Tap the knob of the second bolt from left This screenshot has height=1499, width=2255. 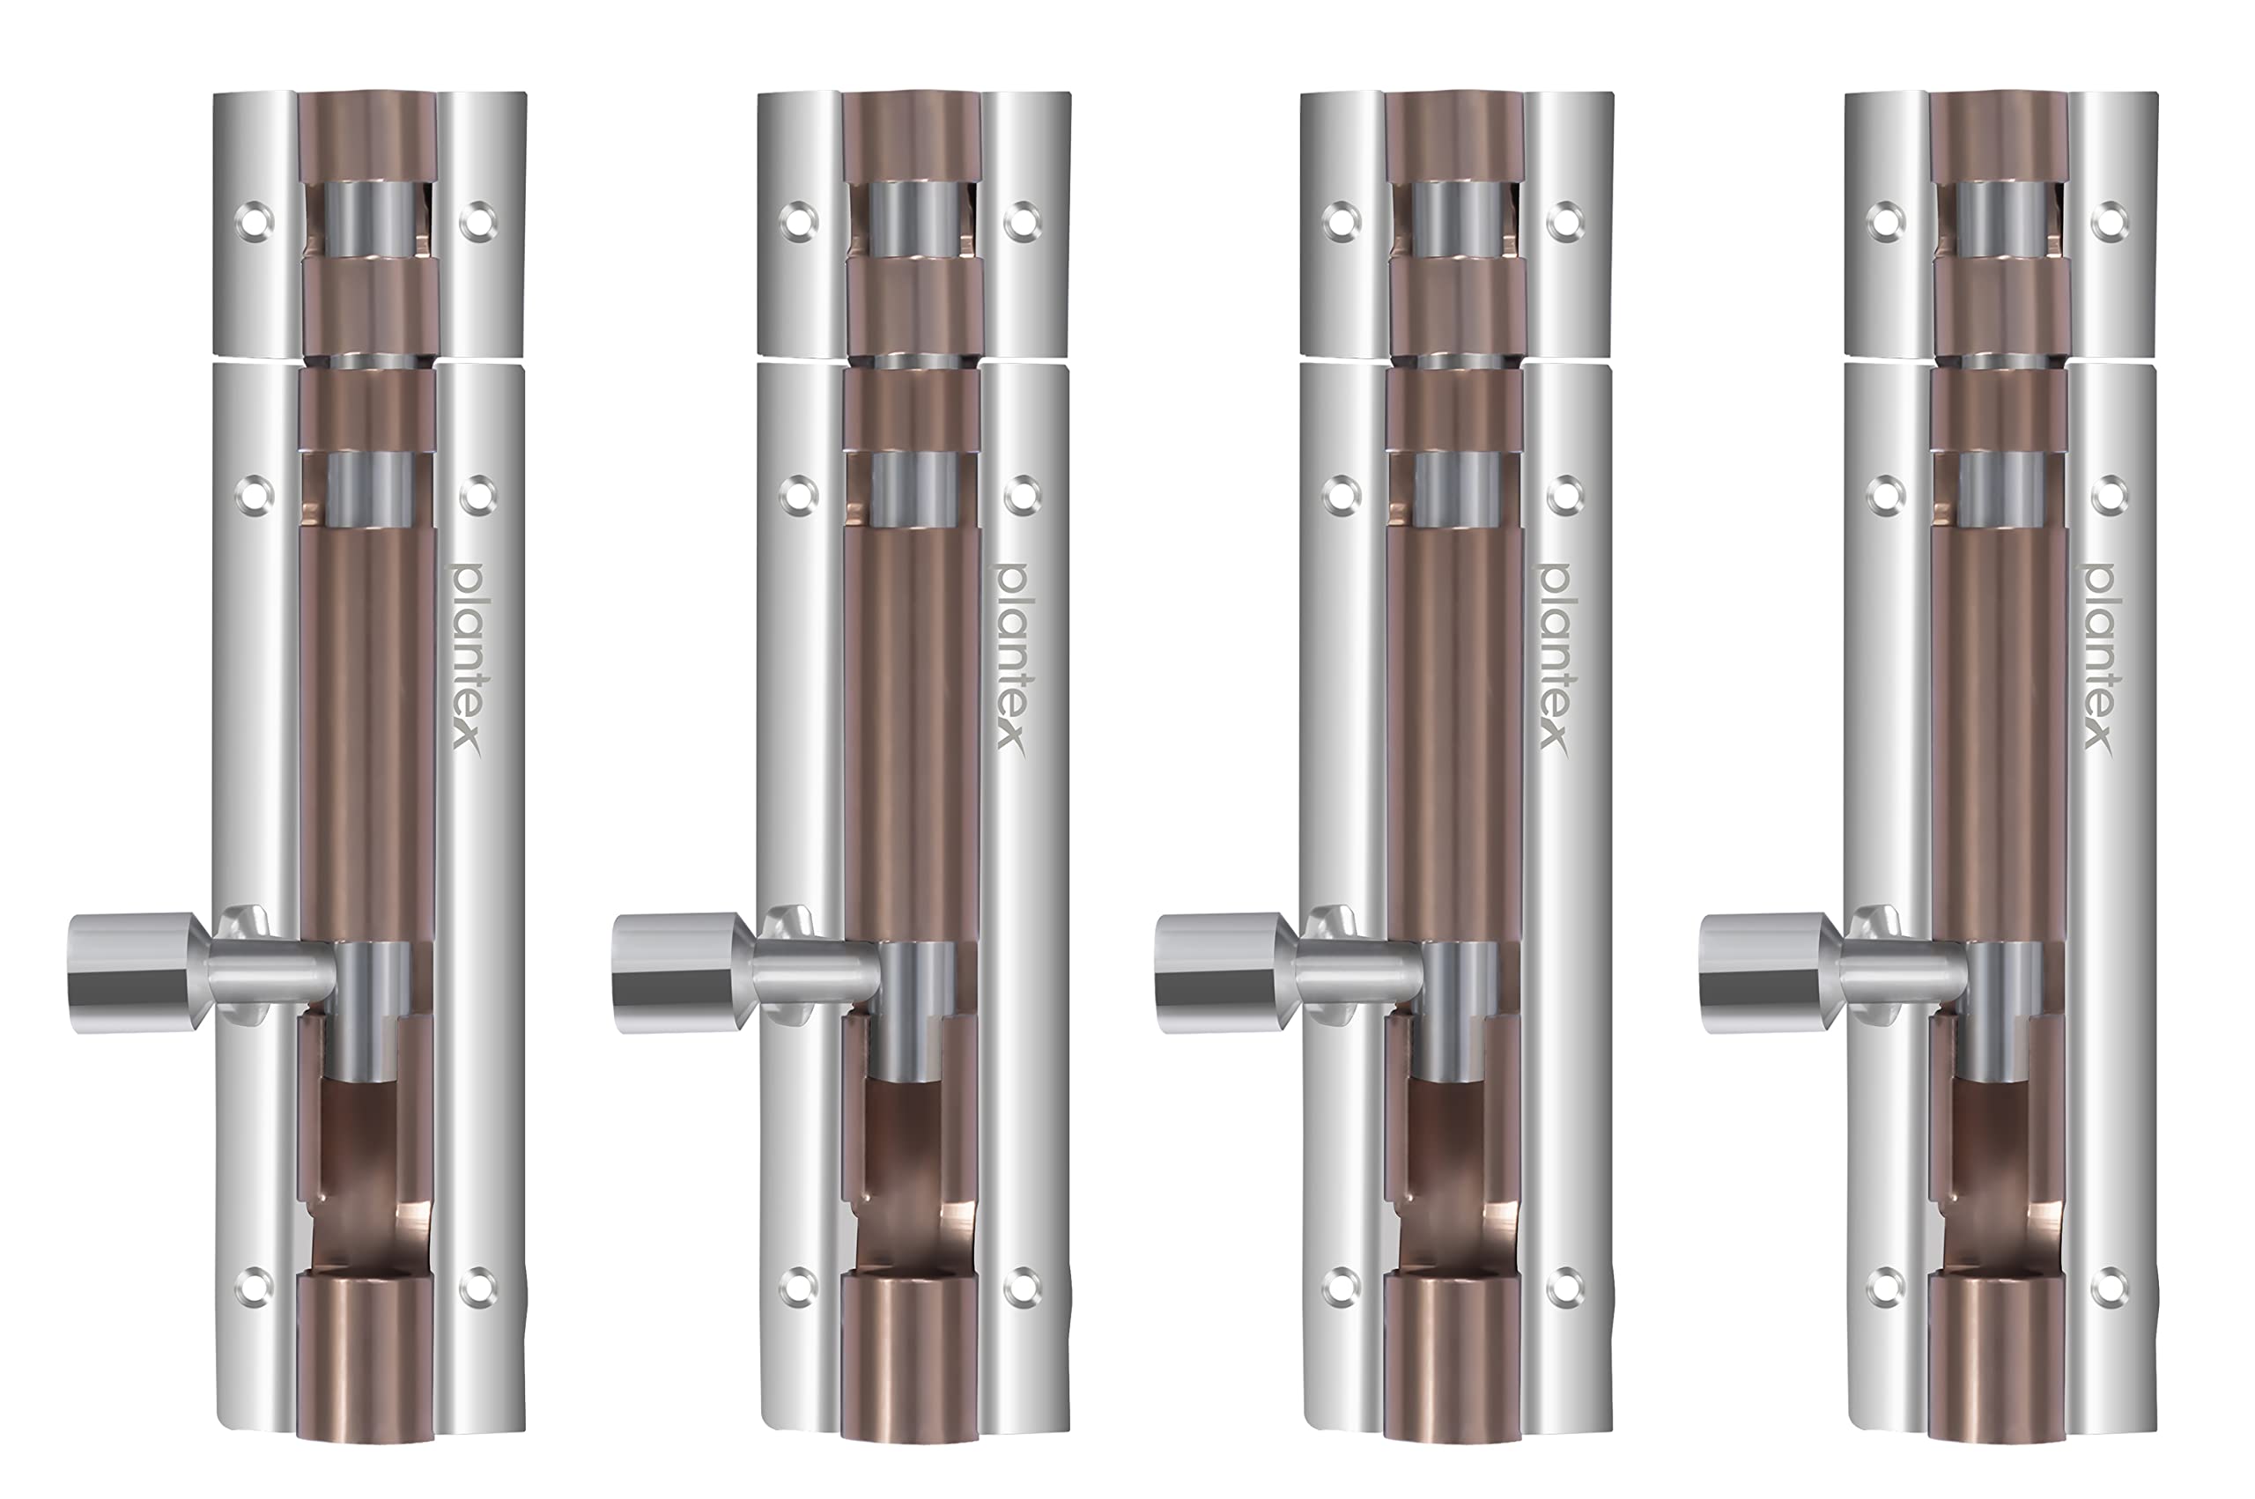tap(676, 972)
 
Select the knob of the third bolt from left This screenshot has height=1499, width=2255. tap(1219, 972)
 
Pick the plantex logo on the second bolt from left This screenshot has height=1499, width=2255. tap(1010, 657)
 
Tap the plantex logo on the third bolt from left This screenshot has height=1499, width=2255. tap(1553, 657)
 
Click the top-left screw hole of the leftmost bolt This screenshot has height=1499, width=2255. tap(255, 222)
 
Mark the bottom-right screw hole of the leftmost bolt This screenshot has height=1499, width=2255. tap(478, 1287)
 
